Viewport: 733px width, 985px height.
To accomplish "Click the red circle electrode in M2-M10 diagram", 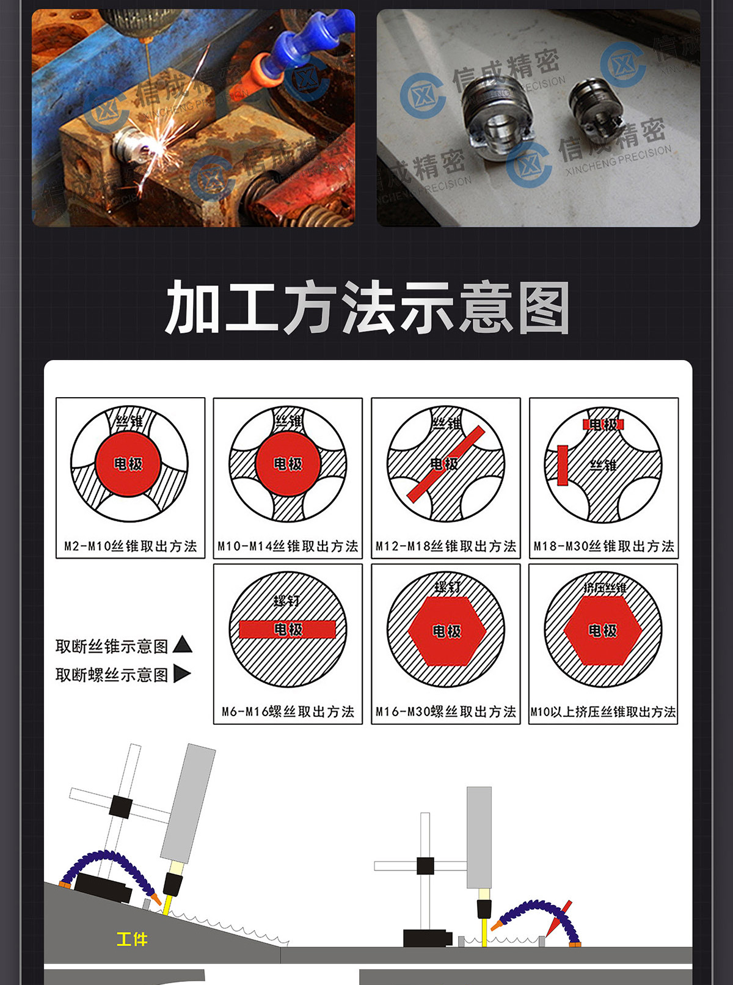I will coord(128,464).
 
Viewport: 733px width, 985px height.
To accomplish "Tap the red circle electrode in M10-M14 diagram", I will coord(288,464).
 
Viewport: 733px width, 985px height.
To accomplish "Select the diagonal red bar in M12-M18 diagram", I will coord(446,464).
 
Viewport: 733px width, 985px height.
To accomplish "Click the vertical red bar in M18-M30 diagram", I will coord(563,466).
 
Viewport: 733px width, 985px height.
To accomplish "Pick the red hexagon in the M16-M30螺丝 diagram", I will coord(447,631).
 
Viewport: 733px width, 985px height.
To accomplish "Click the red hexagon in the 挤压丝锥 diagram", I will coord(603,631).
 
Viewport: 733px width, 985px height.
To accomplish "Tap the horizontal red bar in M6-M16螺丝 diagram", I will coord(288,629).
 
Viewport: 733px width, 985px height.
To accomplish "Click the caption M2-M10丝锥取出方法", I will coord(131,546).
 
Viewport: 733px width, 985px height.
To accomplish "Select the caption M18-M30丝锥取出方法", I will coord(604,546).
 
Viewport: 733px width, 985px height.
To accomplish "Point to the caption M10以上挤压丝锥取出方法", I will coord(603,712).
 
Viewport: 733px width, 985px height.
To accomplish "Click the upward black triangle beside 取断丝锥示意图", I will coord(183,645).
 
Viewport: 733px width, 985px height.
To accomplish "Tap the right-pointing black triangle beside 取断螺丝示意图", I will coord(181,674).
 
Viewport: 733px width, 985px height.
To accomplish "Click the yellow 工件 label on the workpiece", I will coord(132,939).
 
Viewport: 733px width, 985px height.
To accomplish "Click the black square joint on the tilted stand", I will coord(120,807).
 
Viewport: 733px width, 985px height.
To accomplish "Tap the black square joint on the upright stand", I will coord(425,866).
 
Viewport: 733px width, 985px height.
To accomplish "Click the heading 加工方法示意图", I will coord(366,308).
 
